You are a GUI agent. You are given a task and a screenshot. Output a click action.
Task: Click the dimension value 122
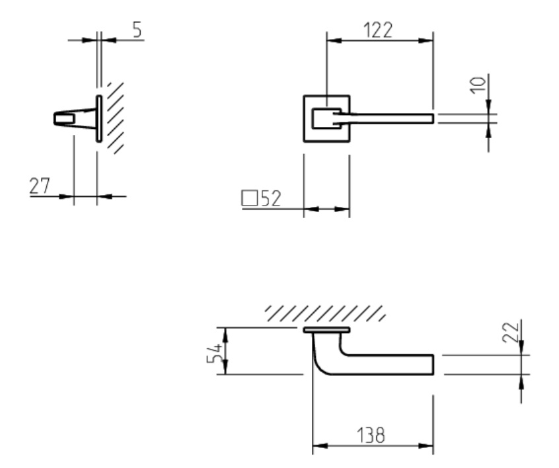(x=377, y=30)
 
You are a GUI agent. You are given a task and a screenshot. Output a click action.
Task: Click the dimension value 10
(x=480, y=84)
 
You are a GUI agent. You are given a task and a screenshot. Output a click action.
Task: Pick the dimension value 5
(x=136, y=30)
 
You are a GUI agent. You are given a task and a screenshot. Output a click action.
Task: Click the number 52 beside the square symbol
(x=270, y=199)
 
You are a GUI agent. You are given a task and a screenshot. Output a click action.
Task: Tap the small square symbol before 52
(x=250, y=198)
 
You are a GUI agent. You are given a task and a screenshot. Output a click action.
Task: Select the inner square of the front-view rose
(x=322, y=118)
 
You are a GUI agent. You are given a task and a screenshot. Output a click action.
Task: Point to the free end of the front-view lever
(x=431, y=118)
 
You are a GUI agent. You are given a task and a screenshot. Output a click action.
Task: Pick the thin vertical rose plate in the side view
(x=99, y=118)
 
